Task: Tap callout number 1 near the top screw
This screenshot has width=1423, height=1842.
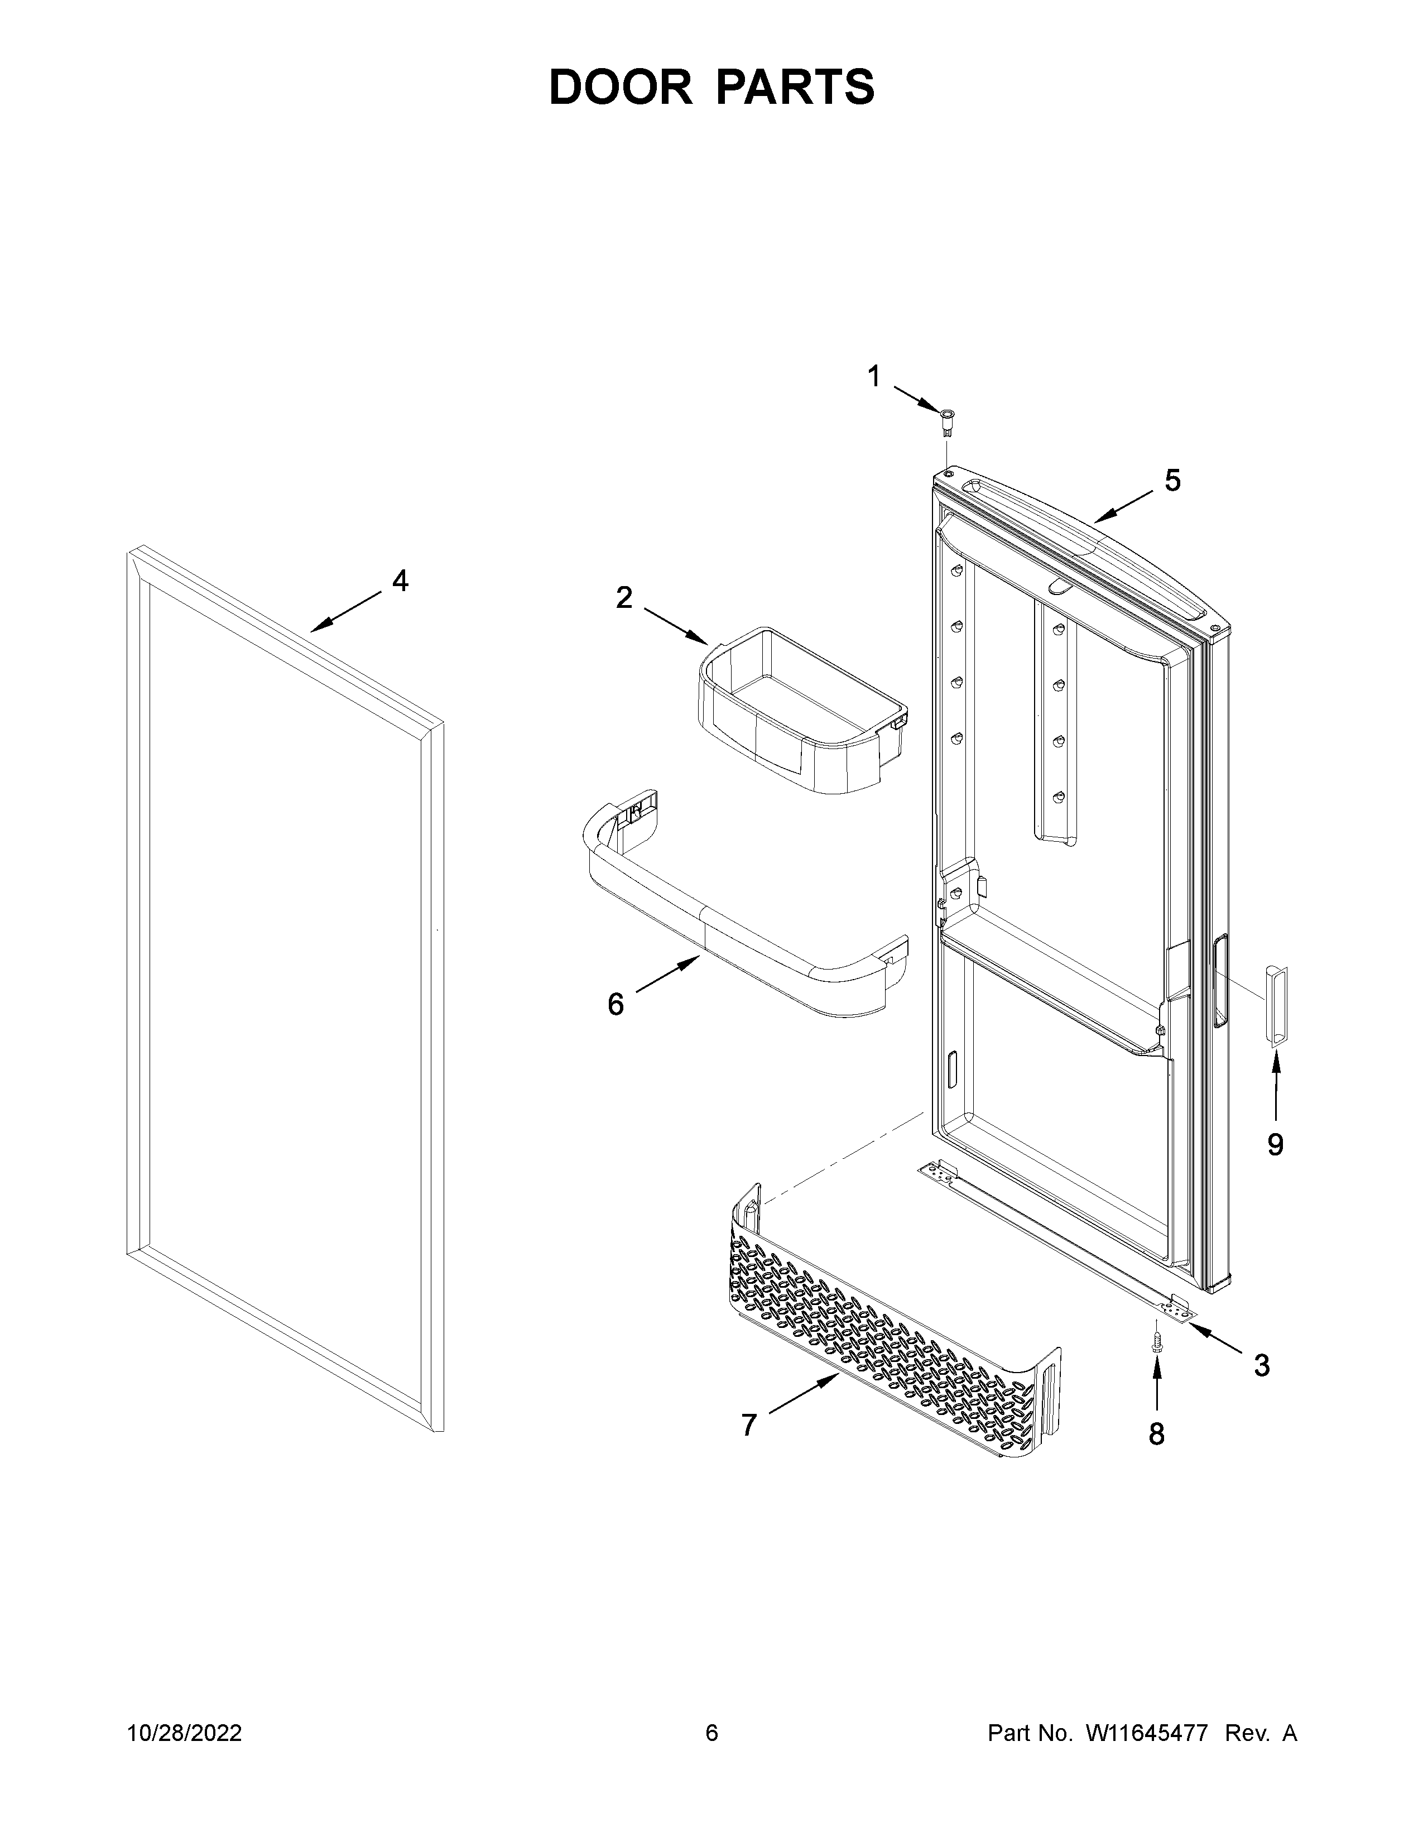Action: click(874, 376)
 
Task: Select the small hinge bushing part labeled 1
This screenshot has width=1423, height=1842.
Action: click(948, 419)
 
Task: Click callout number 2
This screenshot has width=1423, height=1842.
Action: click(624, 598)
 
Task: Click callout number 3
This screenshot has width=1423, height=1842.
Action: click(1261, 1365)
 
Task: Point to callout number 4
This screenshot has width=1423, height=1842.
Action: click(401, 581)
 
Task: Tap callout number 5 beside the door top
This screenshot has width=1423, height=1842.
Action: click(1172, 480)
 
